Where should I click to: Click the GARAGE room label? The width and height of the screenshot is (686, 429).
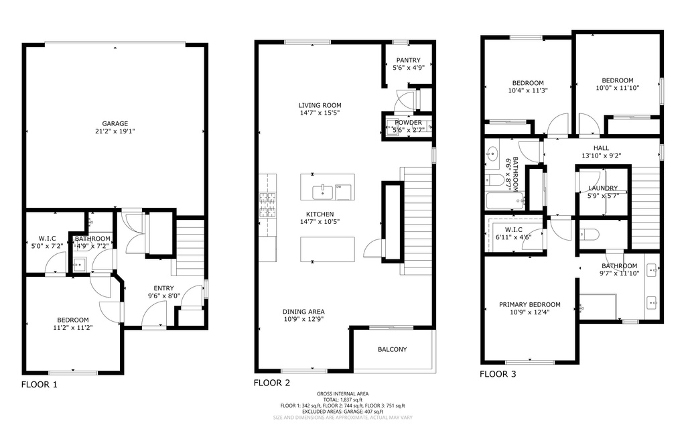115,123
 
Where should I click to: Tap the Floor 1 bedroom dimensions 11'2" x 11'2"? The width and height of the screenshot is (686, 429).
72,328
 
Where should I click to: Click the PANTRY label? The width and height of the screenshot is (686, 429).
408,60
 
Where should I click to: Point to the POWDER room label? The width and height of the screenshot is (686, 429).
408,123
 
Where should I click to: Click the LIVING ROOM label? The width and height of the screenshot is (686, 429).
320,105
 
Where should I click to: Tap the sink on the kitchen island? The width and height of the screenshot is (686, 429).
323,190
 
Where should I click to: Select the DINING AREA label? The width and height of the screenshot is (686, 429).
303,312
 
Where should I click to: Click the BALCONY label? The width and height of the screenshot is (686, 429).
392,349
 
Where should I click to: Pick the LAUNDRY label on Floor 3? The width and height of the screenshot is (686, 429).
603,188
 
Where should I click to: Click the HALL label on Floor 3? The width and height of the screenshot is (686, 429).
601,148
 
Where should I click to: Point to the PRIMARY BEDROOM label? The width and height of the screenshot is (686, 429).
529,305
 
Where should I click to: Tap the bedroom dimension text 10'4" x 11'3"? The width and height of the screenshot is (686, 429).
528,90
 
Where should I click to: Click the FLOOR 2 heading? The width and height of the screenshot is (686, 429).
271,383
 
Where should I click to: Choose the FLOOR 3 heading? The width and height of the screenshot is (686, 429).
498,375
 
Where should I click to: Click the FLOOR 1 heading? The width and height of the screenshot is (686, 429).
39,385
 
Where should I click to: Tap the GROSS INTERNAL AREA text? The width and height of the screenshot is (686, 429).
342,393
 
